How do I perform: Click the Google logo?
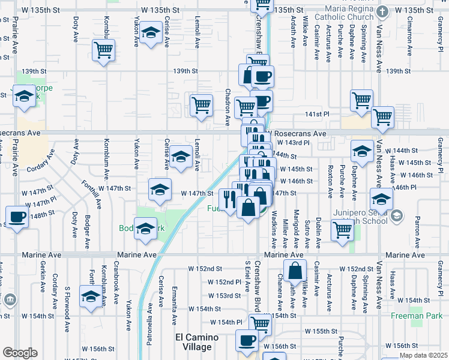point(20,353)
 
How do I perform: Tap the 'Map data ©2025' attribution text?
point(423,355)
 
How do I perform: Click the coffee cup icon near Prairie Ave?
point(17,217)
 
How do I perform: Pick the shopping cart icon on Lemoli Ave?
point(201,105)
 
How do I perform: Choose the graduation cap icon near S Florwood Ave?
point(91,298)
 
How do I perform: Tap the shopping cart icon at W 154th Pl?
point(260,323)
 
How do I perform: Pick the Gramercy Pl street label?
point(440,149)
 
